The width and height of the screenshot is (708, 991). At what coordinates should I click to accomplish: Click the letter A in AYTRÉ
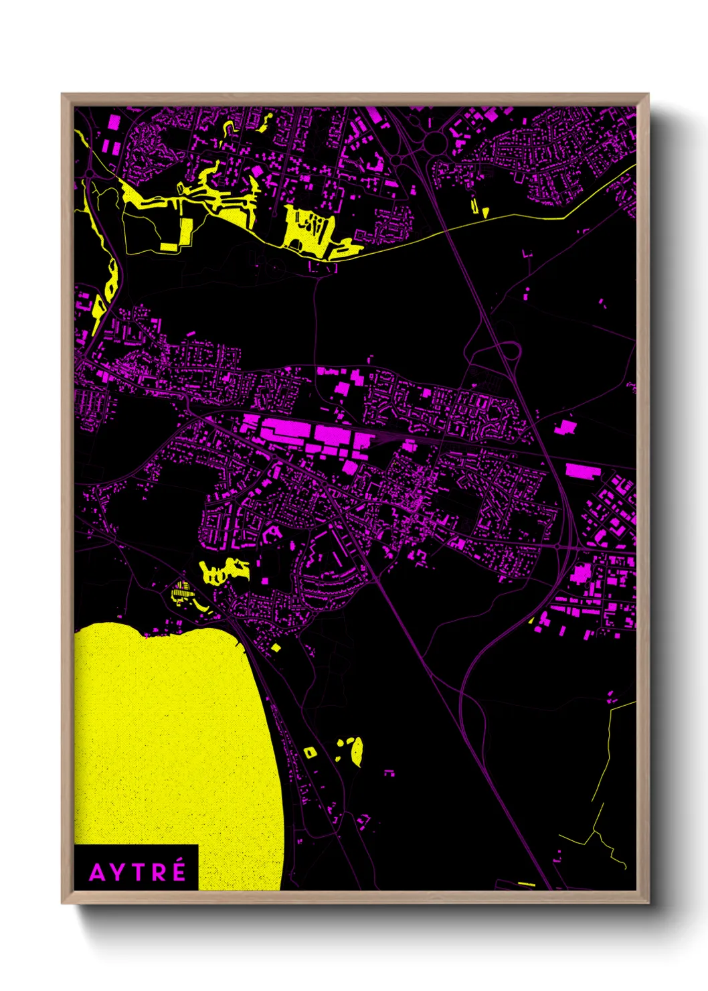(x=98, y=872)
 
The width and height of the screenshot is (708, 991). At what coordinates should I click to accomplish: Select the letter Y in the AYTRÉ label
(x=118, y=872)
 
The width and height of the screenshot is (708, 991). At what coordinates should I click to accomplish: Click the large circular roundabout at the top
(x=434, y=141)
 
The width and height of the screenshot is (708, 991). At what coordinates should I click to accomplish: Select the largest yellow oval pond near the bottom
(x=357, y=751)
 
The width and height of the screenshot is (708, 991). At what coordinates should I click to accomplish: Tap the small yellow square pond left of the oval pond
(x=309, y=753)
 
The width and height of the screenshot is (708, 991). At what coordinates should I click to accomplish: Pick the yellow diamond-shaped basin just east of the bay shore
(x=276, y=647)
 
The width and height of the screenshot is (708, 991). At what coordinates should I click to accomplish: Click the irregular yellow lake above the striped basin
(x=224, y=571)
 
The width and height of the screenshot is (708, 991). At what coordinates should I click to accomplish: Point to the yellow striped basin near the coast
(x=181, y=592)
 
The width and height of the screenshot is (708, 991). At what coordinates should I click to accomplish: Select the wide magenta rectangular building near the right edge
(x=582, y=471)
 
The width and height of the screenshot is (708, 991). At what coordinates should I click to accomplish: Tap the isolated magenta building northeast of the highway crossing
(x=565, y=427)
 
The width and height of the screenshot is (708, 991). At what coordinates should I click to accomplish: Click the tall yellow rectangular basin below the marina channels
(x=186, y=232)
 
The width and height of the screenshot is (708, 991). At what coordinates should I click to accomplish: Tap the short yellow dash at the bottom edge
(x=527, y=884)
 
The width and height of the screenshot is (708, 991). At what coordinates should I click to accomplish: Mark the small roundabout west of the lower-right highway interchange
(x=557, y=546)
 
